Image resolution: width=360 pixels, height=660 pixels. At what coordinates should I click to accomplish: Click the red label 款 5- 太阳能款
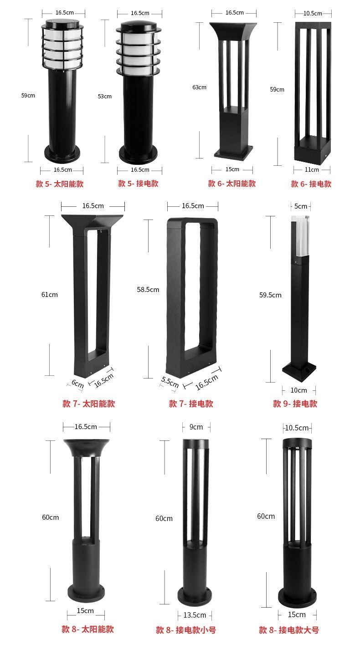(60, 184)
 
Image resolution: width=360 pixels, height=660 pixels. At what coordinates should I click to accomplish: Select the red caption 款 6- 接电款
(311, 184)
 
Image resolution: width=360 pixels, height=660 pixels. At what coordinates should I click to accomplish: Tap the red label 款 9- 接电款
(295, 404)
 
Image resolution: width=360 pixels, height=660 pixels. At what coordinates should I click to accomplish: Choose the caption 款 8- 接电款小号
(186, 630)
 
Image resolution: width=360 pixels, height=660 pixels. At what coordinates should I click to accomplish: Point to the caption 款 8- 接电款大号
(289, 630)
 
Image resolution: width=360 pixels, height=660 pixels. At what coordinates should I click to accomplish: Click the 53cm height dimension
(104, 96)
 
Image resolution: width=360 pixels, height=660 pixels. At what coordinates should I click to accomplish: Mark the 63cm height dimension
(199, 87)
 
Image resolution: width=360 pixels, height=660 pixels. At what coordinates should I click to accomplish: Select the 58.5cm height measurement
(148, 289)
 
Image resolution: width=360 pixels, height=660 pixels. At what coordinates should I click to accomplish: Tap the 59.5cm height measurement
(270, 295)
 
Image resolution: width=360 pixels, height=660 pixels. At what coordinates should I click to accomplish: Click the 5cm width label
(301, 206)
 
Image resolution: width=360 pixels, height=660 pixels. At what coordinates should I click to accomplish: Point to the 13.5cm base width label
(195, 615)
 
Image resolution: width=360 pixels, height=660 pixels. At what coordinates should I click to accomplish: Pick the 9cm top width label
(196, 427)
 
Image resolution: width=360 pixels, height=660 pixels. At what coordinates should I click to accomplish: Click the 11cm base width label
(312, 169)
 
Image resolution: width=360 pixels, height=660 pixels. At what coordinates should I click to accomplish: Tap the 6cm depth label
(78, 384)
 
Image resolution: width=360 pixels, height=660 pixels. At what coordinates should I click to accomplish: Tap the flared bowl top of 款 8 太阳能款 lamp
(86, 447)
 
